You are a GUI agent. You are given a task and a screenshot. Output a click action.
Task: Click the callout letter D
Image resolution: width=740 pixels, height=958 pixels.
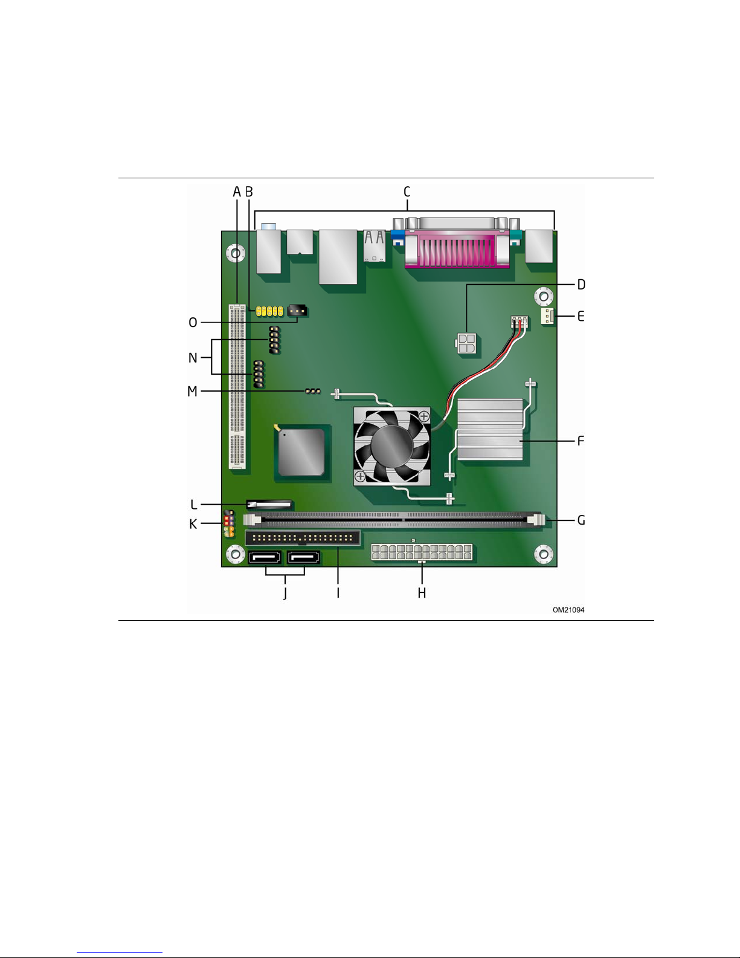581,284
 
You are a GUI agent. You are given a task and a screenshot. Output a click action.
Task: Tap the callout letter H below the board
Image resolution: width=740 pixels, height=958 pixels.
422,593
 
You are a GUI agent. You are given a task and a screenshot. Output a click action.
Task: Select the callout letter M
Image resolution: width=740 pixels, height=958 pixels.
192,391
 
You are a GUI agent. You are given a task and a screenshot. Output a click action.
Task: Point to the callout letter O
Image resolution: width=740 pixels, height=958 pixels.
193,322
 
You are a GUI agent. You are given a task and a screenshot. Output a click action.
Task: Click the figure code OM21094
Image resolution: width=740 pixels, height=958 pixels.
568,610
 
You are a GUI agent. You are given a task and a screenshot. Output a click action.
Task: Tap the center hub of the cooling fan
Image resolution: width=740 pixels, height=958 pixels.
392,445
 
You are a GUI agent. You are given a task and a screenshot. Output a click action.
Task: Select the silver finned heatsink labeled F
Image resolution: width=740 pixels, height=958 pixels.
491,429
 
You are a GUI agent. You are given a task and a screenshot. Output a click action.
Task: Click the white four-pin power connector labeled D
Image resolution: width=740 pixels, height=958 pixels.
466,344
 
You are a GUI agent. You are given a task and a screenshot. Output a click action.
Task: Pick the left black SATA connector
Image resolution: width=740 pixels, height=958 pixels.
265,557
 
